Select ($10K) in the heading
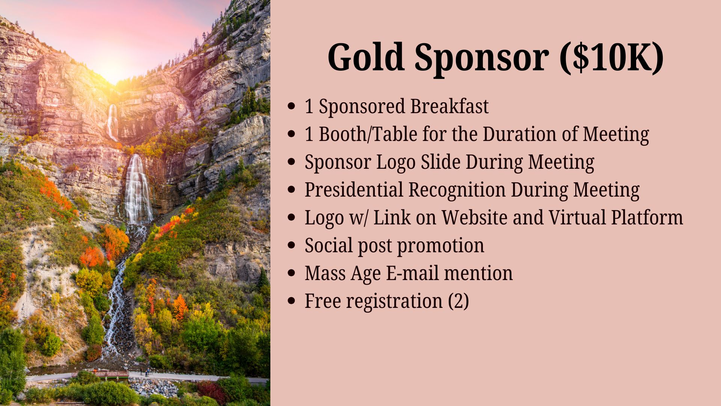(x=612, y=57)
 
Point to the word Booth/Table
(x=368, y=134)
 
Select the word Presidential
(x=354, y=189)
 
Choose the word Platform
(x=647, y=217)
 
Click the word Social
(x=329, y=245)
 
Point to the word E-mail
(x=412, y=273)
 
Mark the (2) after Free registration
(x=459, y=301)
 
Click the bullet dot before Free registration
(x=291, y=301)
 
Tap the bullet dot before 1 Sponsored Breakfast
(x=291, y=106)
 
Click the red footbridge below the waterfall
(x=101, y=374)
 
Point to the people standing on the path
(x=144, y=372)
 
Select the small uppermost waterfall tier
(x=112, y=122)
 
